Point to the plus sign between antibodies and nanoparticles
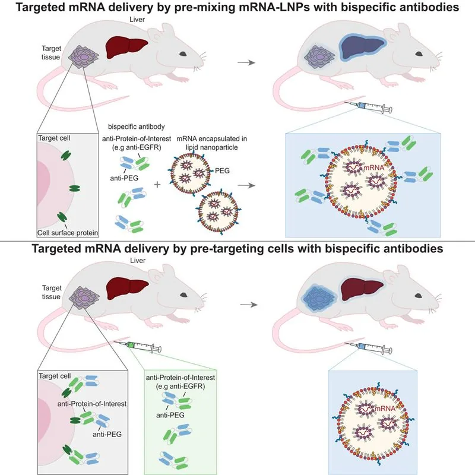pyautogui.click(x=157, y=185)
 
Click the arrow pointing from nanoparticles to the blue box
pyautogui.click(x=251, y=185)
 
